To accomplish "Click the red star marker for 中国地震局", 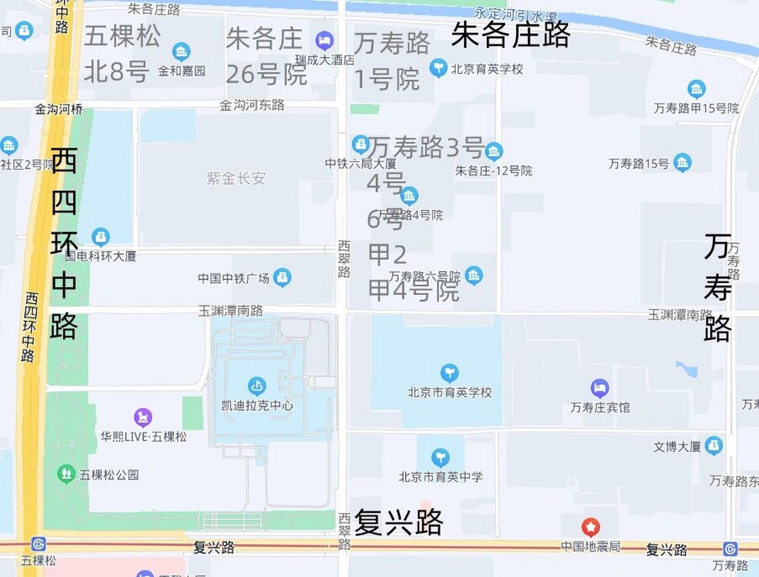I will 590,527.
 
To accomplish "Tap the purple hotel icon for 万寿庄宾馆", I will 599,388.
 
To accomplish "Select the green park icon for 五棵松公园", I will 66,474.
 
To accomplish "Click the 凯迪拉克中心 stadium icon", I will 257,386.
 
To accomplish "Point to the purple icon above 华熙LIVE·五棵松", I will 143,418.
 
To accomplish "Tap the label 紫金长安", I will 236,179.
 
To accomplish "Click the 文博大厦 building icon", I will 713,446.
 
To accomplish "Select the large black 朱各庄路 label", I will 511,35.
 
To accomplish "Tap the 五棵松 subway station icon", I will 38,544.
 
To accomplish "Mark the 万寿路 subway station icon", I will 730,549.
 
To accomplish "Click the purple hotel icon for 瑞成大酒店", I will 324,41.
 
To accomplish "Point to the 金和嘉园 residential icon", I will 181,52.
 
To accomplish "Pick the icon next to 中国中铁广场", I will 282,277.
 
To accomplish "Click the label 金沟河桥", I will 59,109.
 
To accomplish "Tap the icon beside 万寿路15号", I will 682,163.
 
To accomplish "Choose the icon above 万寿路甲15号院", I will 696,89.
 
